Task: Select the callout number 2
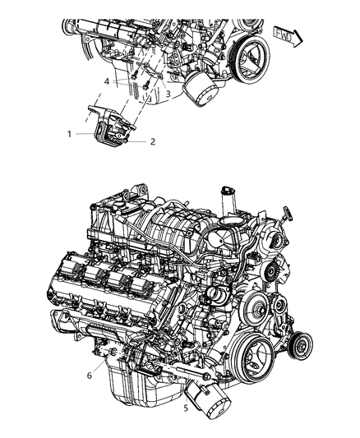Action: (153, 141)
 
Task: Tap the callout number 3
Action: (168, 95)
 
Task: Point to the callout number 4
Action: (106, 81)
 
